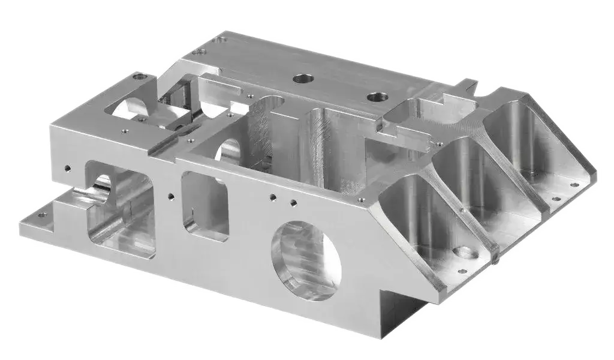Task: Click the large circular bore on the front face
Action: point(306,260)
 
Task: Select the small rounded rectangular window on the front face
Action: point(205,205)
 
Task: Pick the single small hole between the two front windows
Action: point(171,195)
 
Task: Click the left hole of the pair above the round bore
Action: point(273,196)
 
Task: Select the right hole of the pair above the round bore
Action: point(293,202)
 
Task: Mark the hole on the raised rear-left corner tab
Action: point(140,76)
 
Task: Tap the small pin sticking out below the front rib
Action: point(497,259)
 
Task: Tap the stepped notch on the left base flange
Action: point(66,201)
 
